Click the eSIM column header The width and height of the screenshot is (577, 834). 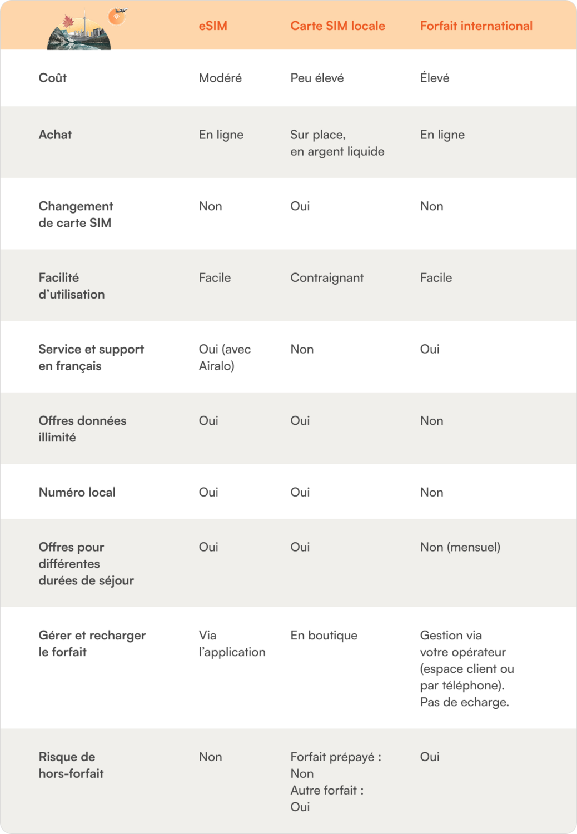(213, 26)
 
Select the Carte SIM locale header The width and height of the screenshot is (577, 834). (337, 26)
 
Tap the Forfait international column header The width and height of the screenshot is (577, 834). (476, 26)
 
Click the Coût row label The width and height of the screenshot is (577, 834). (53, 78)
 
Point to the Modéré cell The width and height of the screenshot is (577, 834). (220, 78)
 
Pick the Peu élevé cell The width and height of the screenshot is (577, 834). (317, 78)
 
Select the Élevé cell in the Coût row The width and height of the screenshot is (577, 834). (435, 78)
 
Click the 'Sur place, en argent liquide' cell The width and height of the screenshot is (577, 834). (337, 143)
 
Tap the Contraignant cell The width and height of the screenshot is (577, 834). (327, 278)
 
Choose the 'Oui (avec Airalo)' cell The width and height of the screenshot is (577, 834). (225, 358)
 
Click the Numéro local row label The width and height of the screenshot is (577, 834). (77, 492)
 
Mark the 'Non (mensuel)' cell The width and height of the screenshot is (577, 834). (460, 547)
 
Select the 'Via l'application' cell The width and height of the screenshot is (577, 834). (232, 643)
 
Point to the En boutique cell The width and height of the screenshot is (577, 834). (324, 636)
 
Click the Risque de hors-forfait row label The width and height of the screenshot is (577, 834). (71, 765)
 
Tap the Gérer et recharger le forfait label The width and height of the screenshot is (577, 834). (92, 643)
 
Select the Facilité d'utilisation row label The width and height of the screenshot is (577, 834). (71, 286)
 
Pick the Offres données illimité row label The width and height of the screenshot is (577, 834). (82, 429)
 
